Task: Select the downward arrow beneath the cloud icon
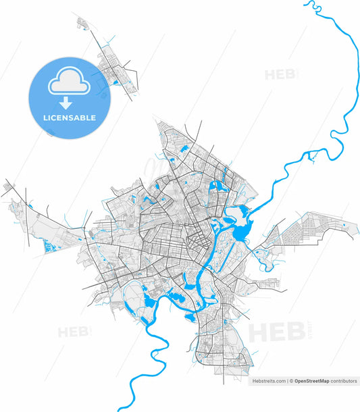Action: pyautogui.click(x=66, y=103)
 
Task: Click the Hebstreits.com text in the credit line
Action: pyautogui.click(x=269, y=381)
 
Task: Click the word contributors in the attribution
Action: pyautogui.click(x=344, y=381)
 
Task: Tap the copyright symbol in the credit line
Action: pyautogui.click(x=291, y=381)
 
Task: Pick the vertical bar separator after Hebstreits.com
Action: pyautogui.click(x=287, y=381)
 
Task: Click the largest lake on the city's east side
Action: pyautogui.click(x=241, y=232)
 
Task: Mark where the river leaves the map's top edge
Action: pyautogui.click(x=310, y=2)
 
